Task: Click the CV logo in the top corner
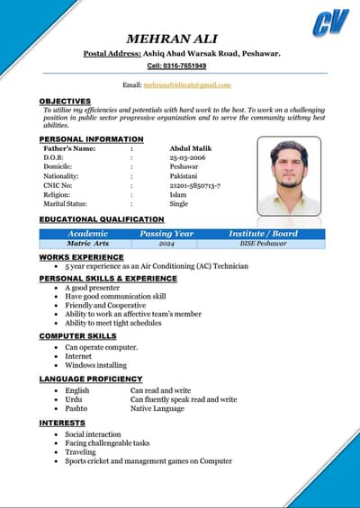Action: (330, 22)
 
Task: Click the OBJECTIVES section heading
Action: (65, 101)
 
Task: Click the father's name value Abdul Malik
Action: (189, 147)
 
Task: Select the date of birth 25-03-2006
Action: (187, 157)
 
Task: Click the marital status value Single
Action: (179, 203)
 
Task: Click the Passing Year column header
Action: (166, 234)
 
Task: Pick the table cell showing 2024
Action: (166, 244)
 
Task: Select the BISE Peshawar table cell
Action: (263, 244)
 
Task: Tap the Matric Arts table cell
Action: (88, 244)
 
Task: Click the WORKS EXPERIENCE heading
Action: (81, 257)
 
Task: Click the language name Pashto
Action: (76, 409)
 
